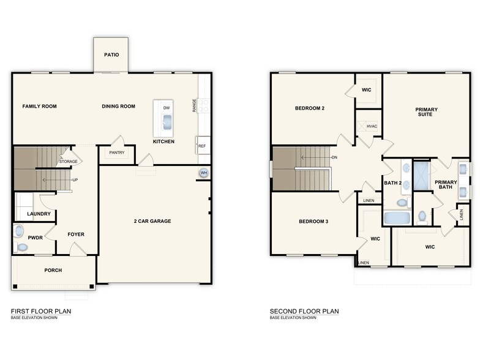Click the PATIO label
click(x=111, y=54)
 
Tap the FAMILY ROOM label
click(x=39, y=107)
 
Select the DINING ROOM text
click(x=118, y=107)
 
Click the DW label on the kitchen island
click(x=166, y=108)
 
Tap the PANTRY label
click(x=116, y=152)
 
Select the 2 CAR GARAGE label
click(x=152, y=221)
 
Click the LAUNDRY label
click(x=38, y=214)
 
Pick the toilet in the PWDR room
click(x=22, y=247)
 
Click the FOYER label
click(x=76, y=234)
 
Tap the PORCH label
click(x=53, y=270)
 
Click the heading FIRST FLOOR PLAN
click(x=41, y=311)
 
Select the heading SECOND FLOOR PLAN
click(x=304, y=311)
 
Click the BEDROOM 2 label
click(x=309, y=108)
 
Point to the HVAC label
click(x=372, y=126)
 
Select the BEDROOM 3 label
click(x=313, y=221)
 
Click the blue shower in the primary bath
click(x=421, y=176)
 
